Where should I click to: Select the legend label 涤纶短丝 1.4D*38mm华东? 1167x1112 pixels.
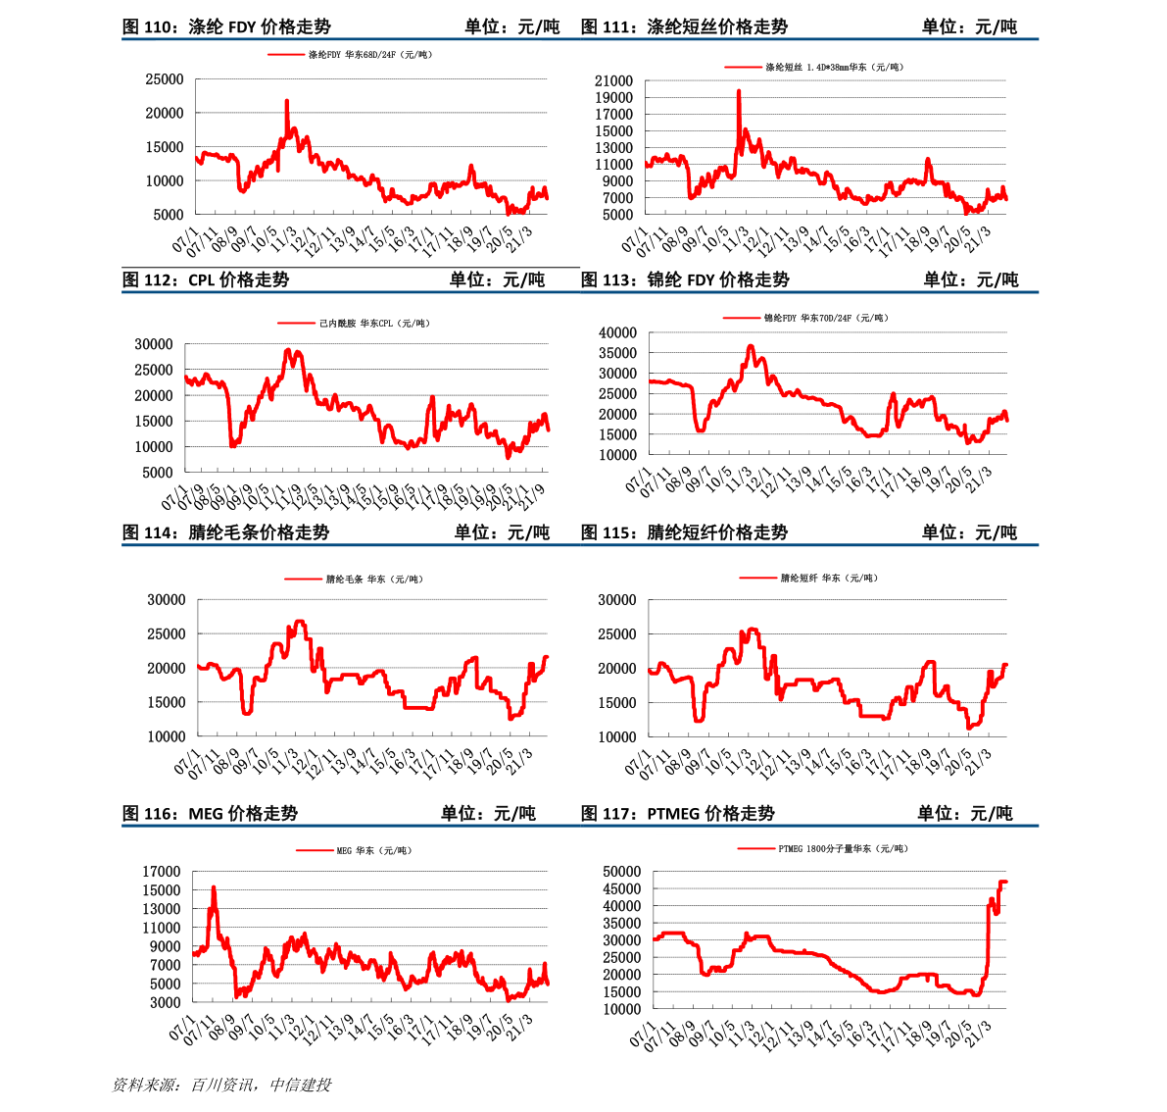834,68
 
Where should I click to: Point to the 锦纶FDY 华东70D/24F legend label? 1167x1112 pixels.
826,319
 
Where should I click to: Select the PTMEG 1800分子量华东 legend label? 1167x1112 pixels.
843,849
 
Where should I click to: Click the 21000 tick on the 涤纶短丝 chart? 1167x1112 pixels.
613,81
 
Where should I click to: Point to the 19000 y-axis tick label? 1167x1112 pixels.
613,98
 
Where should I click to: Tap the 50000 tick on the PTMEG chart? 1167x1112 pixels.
621,872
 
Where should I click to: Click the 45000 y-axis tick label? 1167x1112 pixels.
621,889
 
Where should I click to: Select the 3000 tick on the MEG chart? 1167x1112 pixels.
165,1003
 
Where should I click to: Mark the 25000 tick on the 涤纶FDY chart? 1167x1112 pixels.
165,80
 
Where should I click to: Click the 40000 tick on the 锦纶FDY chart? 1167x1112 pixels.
617,333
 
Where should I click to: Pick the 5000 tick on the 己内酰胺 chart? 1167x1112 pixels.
157,473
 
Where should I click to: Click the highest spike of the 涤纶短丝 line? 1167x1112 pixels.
738,90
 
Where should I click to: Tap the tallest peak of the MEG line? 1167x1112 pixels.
214,887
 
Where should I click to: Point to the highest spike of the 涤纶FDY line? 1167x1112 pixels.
286,100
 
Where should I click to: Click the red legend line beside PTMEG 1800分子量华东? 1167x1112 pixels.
756,849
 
